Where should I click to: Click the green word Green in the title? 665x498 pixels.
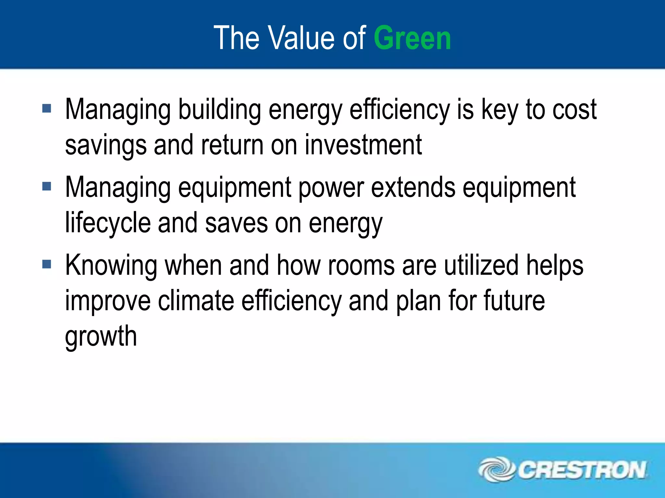[412, 38]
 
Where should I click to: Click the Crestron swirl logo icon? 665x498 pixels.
[496, 469]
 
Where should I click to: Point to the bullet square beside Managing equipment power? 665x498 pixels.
[47, 186]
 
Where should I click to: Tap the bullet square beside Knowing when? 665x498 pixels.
[47, 264]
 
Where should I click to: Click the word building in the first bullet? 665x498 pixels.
[220, 110]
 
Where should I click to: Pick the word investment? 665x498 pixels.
[363, 145]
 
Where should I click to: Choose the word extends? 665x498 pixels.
[413, 187]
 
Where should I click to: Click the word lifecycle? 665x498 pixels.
[108, 223]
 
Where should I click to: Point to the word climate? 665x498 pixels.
[196, 301]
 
